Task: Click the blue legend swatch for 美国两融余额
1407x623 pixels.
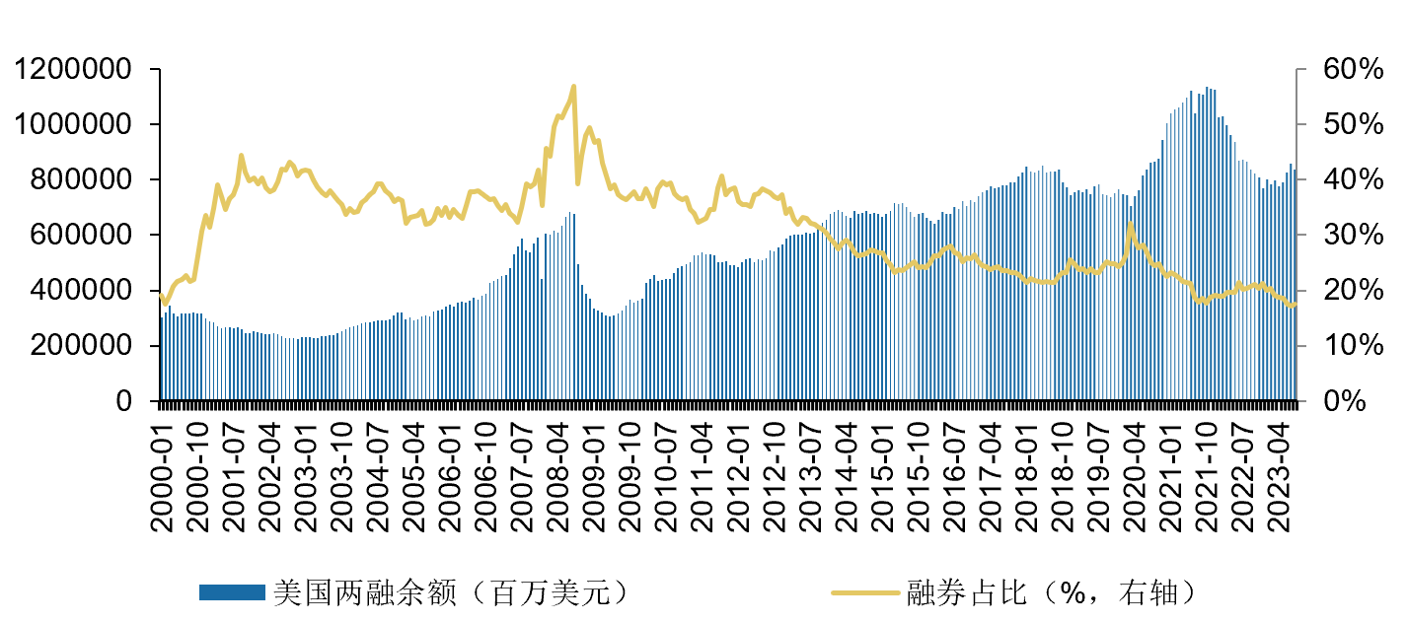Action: [232, 592]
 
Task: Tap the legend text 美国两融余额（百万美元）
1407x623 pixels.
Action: [450, 592]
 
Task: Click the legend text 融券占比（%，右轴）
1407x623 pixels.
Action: [1054, 592]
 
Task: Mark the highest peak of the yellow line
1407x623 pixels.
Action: [573, 87]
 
